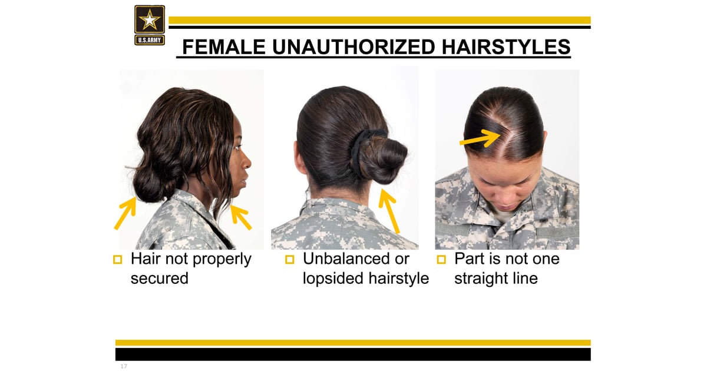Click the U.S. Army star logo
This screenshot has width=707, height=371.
[150, 25]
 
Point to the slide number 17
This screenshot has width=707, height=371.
[123, 366]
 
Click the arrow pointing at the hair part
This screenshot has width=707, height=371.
[479, 139]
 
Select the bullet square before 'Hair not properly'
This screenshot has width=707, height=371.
[117, 259]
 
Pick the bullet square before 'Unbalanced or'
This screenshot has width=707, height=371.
[289, 259]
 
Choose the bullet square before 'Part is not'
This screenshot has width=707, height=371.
[441, 259]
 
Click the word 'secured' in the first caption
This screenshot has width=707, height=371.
[159, 278]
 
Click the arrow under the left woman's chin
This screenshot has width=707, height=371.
[241, 217]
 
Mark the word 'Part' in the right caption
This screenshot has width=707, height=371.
[468, 259]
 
